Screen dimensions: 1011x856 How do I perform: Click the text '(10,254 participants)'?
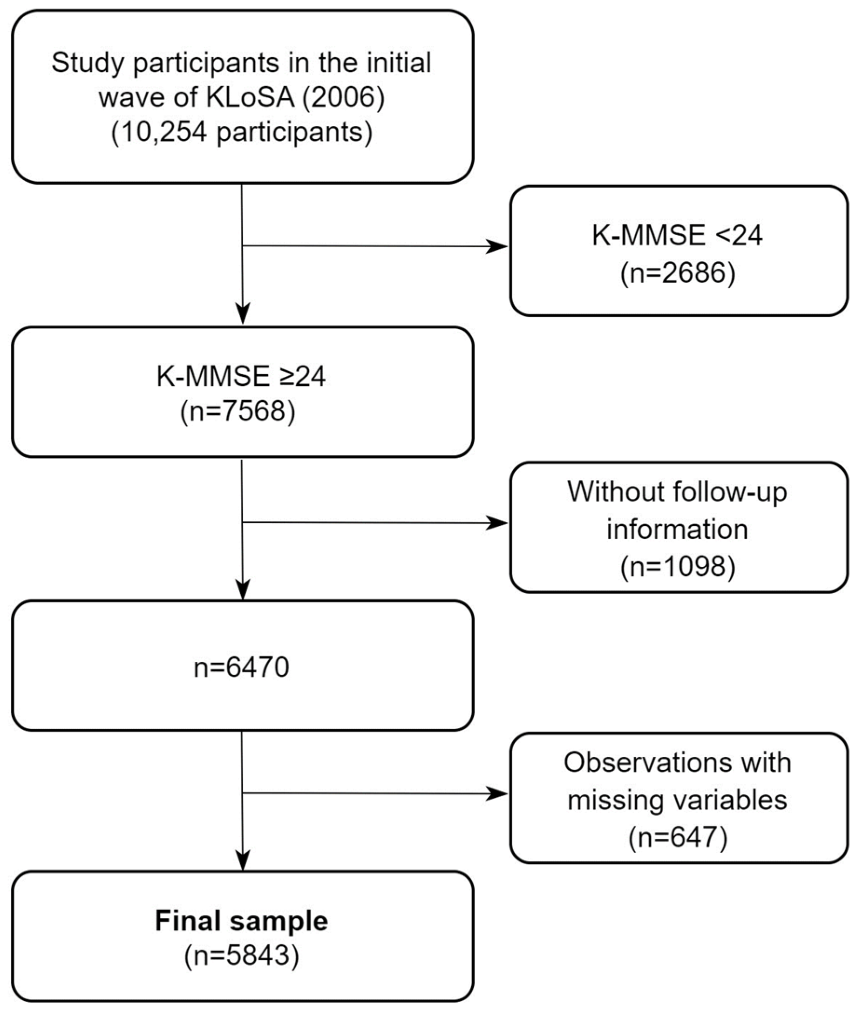click(242, 132)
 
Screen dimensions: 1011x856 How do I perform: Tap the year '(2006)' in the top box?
click(343, 97)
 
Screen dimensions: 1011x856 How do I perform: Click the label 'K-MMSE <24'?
click(678, 236)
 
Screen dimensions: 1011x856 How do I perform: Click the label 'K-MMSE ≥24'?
click(241, 376)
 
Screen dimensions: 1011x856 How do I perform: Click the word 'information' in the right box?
click(678, 529)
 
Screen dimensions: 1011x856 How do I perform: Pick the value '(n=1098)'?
click(678, 566)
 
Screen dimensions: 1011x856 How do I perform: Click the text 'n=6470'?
click(241, 667)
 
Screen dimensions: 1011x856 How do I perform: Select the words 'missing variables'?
click(678, 800)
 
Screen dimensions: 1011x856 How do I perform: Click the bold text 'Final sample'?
click(241, 921)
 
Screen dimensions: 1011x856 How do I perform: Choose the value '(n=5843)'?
click(241, 957)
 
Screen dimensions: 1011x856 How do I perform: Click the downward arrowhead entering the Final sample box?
click(242, 860)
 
